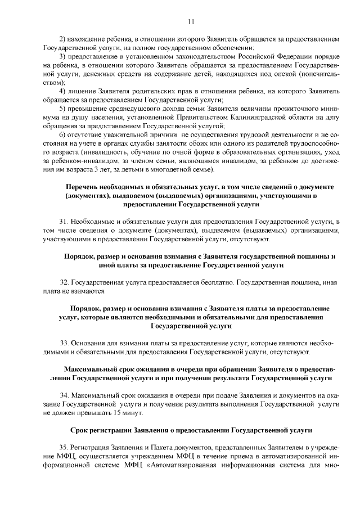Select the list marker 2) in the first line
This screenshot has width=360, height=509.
pos(63,41)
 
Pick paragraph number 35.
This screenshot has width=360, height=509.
pos(63,450)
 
